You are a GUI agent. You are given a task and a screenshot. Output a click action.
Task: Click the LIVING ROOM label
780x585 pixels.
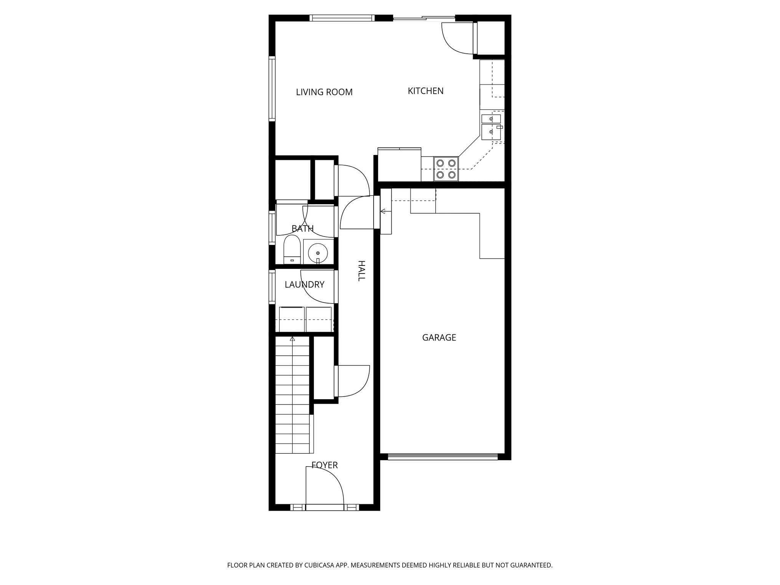tap(324, 92)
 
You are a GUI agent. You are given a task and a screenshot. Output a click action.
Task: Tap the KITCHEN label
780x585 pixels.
tap(425, 91)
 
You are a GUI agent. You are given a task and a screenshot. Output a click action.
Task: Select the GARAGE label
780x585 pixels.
tap(439, 337)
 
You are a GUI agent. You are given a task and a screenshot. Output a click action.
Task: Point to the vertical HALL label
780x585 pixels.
tap(361, 271)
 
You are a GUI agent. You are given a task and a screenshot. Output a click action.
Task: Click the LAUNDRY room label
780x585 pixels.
tap(304, 285)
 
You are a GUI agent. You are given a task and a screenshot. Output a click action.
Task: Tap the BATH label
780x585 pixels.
tap(302, 229)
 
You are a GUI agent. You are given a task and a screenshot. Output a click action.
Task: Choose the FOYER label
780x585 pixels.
tap(324, 465)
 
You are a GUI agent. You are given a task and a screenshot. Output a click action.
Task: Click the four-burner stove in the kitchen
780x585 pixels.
tap(446, 169)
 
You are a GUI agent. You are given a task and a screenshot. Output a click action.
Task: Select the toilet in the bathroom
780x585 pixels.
tap(292, 249)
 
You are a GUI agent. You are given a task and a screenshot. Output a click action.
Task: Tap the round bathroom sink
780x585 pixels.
tap(318, 252)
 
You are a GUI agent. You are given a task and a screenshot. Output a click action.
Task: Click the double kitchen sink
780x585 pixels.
tap(491, 127)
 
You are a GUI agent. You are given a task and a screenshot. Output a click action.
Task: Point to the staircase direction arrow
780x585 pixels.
tap(292, 339)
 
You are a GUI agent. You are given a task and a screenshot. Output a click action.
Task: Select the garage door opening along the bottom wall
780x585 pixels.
tap(443, 457)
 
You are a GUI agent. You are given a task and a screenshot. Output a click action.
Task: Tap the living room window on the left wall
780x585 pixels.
tap(272, 89)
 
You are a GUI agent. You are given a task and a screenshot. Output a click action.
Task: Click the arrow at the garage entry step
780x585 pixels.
tap(383, 211)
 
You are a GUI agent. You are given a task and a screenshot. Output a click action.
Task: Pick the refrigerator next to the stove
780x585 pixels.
tap(399, 165)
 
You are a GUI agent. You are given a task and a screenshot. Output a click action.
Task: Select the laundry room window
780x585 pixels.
tap(272, 287)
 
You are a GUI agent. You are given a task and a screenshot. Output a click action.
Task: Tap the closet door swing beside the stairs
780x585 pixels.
tap(352, 381)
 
